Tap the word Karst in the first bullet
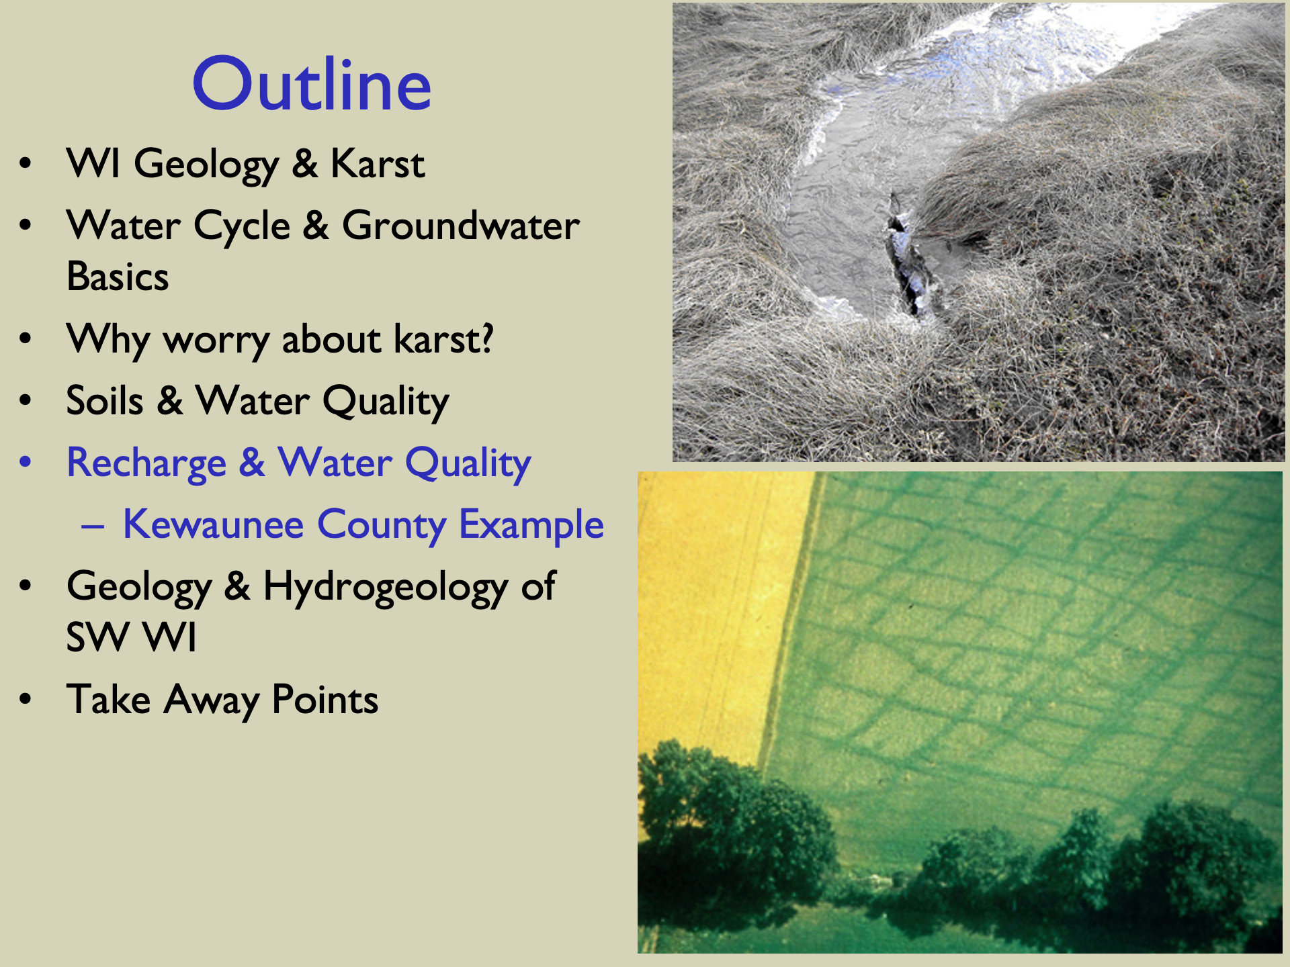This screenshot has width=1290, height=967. point(378,163)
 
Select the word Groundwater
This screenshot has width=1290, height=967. point(461,225)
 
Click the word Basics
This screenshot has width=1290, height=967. point(118,277)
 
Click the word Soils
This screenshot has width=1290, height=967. point(105,401)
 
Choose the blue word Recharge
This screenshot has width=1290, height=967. point(146,463)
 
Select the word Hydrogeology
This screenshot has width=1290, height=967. point(386,587)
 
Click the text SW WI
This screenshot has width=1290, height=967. point(132,637)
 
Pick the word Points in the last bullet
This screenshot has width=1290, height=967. point(325,700)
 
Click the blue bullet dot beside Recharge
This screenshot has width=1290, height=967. point(26,462)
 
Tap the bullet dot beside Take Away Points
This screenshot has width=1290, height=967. point(26,699)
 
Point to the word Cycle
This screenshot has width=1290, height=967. point(243,226)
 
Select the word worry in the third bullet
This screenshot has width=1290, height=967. point(217,340)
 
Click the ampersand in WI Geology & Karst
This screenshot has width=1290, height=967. point(305,163)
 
